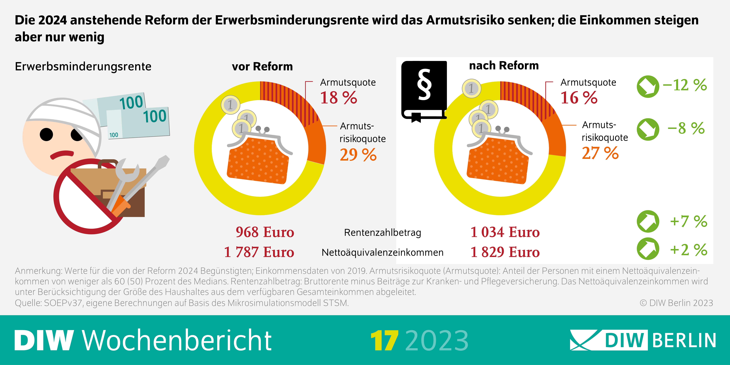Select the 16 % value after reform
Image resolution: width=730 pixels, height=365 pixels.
(579, 98)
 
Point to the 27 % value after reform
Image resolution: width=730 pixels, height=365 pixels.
(600, 153)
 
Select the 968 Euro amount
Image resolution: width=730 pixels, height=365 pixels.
(265, 232)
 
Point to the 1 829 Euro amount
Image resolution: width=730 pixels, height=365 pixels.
(505, 252)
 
